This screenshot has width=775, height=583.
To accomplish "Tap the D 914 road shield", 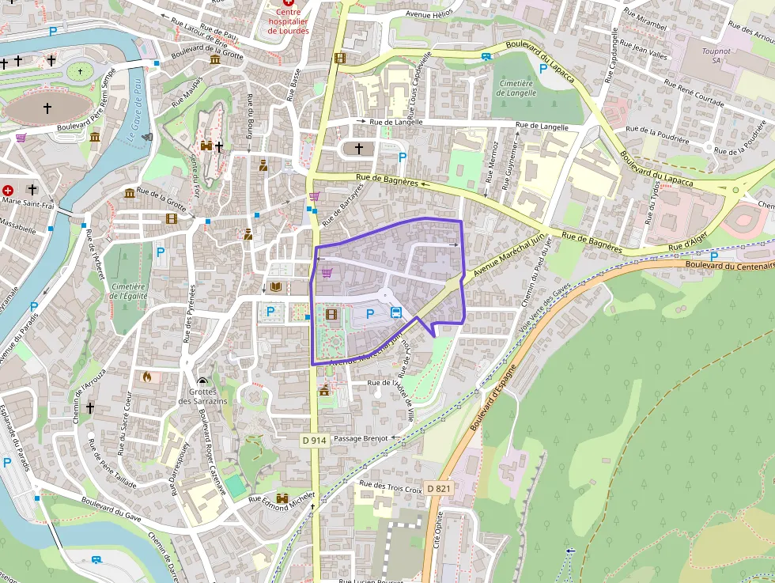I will [x=314, y=440].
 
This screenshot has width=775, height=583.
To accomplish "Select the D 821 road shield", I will [x=439, y=489].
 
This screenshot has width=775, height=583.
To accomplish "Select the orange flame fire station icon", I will [x=146, y=377].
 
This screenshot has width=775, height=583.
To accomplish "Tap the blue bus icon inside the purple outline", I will [x=396, y=313].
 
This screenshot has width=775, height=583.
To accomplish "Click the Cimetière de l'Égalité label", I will [x=127, y=291].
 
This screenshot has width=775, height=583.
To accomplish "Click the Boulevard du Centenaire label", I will [x=729, y=266].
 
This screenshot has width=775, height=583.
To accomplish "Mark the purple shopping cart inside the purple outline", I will [x=327, y=273].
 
